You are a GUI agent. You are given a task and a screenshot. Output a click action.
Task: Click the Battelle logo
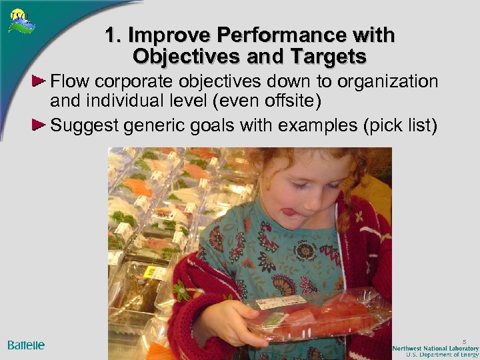coord(27,345)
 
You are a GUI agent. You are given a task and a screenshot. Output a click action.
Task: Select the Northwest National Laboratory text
coord(435,348)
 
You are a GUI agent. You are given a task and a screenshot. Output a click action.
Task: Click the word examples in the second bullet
coord(320,125)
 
